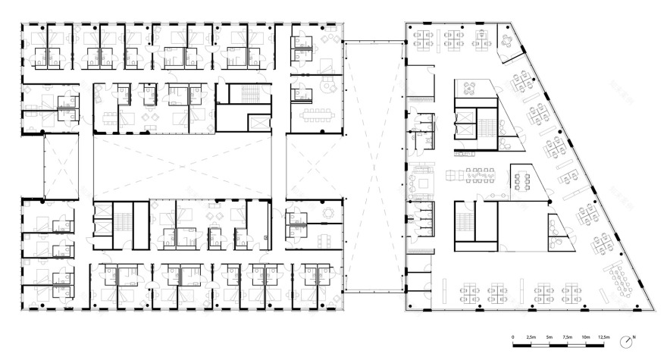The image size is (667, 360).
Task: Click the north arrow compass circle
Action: [626, 341]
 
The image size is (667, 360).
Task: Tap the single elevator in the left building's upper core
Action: [257, 121]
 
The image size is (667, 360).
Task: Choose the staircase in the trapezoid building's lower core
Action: [463, 221]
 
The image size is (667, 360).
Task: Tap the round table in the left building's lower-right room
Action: [327, 214]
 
